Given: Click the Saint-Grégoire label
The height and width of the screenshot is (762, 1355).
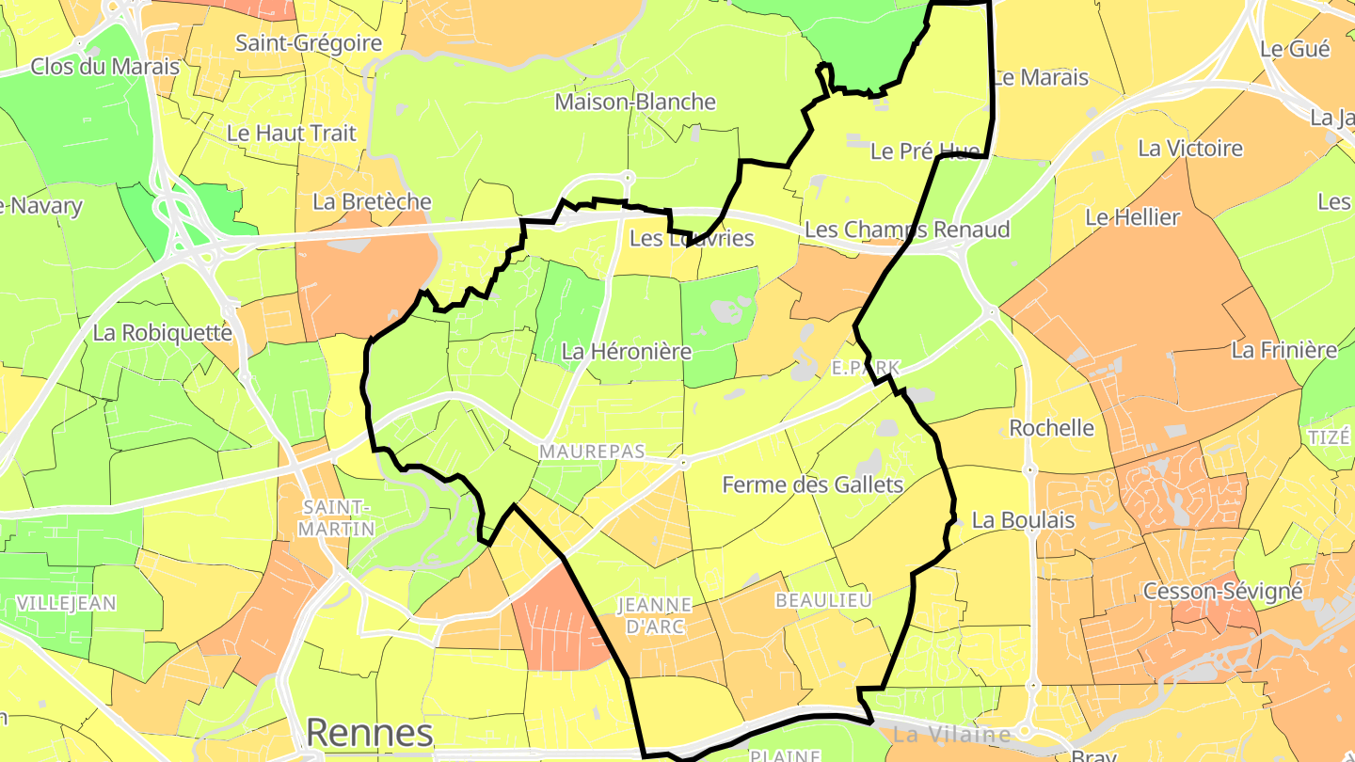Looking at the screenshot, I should coord(309,42).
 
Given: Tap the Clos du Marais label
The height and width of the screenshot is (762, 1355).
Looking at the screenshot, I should coord(104,66).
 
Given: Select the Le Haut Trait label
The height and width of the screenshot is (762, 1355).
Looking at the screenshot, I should coord(292,133).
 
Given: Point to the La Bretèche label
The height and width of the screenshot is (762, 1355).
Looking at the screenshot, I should coord(372,201).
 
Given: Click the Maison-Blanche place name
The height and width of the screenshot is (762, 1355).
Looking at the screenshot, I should coord(635,102).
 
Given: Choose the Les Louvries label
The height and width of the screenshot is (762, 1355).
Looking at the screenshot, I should coord(692,238).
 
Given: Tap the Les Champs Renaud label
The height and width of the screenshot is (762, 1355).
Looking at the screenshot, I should coord(907,230).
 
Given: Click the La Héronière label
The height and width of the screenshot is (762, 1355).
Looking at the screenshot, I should coord(626,351).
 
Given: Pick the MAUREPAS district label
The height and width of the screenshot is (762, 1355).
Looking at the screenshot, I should coord(592,452).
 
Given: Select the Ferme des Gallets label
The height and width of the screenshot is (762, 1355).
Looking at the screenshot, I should coord(812,484).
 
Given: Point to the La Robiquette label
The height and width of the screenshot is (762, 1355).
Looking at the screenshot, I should coord(162,332).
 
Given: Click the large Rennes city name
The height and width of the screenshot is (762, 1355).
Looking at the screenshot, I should coord(370,732).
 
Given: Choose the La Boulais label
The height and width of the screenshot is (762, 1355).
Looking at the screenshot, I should coord(1023,519).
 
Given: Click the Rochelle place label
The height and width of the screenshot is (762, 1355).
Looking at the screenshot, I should coord(1051,428).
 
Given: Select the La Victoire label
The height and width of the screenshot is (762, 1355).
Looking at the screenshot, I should coord(1190,148).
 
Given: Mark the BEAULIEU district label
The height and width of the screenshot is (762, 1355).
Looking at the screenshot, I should coord(822,600).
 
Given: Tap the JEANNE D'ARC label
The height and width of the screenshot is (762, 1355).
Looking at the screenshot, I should coord(654,614).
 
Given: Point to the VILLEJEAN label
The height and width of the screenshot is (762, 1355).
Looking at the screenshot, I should coord(66,603).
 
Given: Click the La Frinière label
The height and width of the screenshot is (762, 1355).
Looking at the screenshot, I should coord(1283,350).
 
